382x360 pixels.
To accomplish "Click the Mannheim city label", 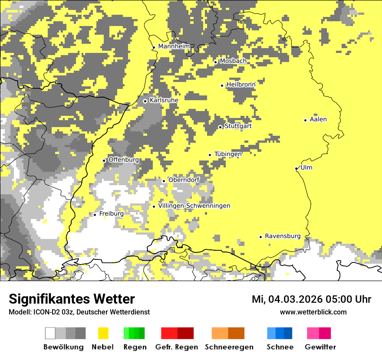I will [174, 46].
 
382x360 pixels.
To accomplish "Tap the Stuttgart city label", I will [238, 126].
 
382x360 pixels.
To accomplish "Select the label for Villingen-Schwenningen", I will [194, 206].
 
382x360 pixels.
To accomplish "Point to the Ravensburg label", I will [283, 236].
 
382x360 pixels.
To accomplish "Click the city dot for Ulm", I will [296, 168].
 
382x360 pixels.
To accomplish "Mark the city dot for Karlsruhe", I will [145, 101].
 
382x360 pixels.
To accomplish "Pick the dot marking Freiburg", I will [95, 215].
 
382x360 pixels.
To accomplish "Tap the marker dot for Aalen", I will [306, 120].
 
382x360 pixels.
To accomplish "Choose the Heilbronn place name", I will [240, 85].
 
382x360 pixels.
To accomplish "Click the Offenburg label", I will [123, 160].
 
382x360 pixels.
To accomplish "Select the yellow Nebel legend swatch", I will [103, 333].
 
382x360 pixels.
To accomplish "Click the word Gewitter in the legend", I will [320, 347].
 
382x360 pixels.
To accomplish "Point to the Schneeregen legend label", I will [229, 347].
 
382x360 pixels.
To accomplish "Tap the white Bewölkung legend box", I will [50, 333].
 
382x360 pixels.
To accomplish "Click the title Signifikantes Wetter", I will [72, 299].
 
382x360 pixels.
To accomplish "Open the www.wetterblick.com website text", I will [313, 312].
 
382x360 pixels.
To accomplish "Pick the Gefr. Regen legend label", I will [177, 347].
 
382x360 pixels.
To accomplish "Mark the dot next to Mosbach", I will [215, 62].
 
